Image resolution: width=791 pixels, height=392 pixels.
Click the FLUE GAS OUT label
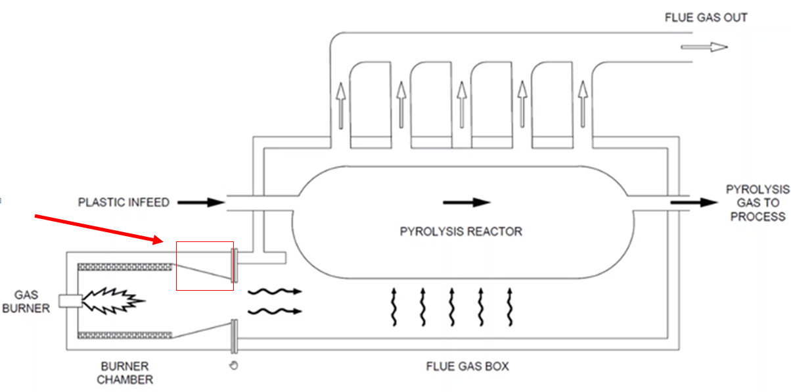point(706,18)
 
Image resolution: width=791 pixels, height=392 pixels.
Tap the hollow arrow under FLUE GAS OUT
point(704,47)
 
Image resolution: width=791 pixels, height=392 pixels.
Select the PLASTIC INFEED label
point(124,202)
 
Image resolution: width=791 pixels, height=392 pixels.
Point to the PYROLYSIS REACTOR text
point(461,231)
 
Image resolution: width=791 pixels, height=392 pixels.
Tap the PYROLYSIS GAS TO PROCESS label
point(756,203)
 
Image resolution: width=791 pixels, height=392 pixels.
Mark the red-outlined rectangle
point(205,266)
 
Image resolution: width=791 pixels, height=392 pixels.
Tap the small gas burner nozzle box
point(70,301)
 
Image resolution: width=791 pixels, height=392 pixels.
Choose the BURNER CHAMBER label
point(125,372)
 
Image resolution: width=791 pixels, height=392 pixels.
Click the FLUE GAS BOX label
point(466,366)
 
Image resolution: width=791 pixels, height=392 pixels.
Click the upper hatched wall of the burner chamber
point(125,266)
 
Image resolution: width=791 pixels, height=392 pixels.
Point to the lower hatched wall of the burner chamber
point(125,335)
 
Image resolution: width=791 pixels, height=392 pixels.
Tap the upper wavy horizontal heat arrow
point(274,291)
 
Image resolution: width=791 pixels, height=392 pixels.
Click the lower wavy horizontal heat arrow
point(274,311)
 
